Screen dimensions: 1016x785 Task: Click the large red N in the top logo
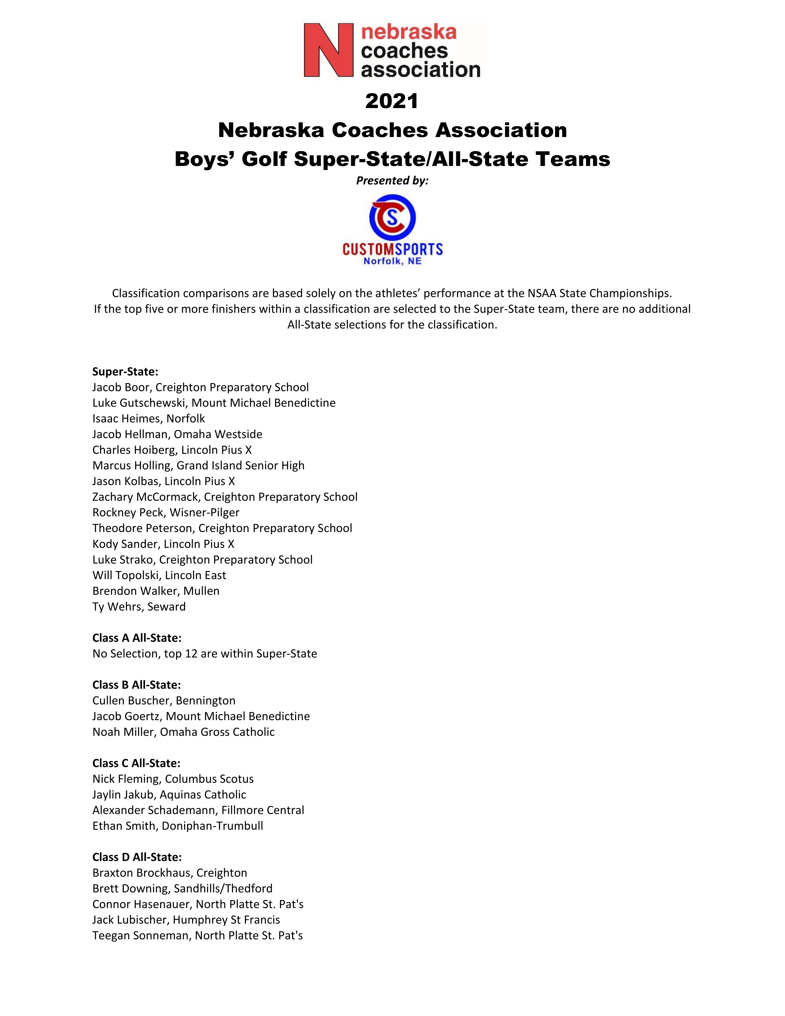pyautogui.click(x=328, y=50)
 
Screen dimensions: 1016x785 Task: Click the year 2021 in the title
pyautogui.click(x=392, y=101)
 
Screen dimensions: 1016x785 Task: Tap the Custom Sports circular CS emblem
pyautogui.click(x=392, y=217)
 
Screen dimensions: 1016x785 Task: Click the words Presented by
pyautogui.click(x=392, y=180)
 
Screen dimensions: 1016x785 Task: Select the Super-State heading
pyautogui.click(x=125, y=372)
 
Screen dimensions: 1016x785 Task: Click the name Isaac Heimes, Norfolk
pyautogui.click(x=148, y=419)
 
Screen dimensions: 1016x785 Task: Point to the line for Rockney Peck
pyautogui.click(x=166, y=513)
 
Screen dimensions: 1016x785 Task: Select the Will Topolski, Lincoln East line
pyautogui.click(x=159, y=575)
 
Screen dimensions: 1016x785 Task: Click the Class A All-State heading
pyautogui.click(x=137, y=638)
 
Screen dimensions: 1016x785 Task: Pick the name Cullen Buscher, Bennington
pyautogui.click(x=164, y=701)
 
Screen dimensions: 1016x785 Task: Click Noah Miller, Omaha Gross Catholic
pyautogui.click(x=183, y=732)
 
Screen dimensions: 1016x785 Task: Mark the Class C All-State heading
pyautogui.click(x=136, y=764)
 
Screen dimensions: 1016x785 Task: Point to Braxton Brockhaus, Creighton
pyautogui.click(x=169, y=873)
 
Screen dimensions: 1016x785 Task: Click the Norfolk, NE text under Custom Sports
pyautogui.click(x=392, y=261)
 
